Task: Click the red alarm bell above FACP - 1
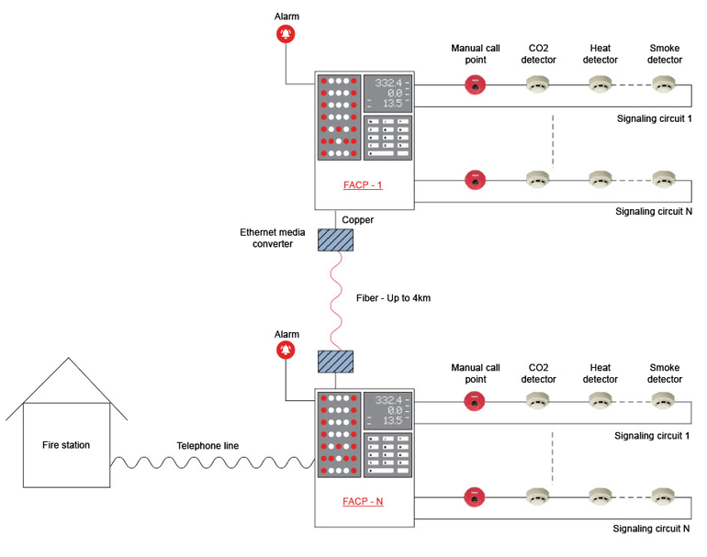point(286,35)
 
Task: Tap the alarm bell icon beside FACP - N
point(286,351)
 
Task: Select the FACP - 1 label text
point(362,184)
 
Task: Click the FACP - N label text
point(362,501)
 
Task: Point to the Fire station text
point(66,445)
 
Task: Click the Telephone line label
point(208,446)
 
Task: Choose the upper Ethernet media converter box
point(334,240)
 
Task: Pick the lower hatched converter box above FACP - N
point(334,361)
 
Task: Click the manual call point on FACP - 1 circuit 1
point(475,85)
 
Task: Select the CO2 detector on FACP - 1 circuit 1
point(538,85)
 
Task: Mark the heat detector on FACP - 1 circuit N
point(600,178)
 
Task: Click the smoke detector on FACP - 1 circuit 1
point(665,85)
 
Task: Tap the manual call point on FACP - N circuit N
point(475,496)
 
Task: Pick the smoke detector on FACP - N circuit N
point(665,496)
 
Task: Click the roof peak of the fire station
point(66,359)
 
